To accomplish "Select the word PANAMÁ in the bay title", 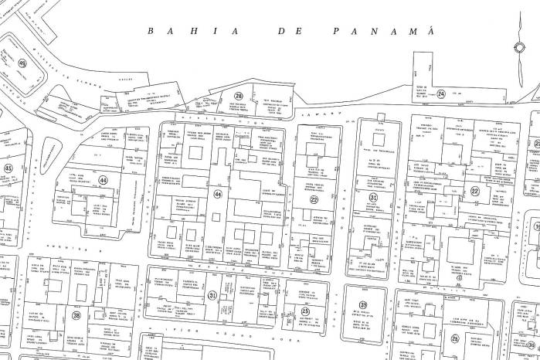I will coord(384,32).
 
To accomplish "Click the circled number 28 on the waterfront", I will coord(239,97).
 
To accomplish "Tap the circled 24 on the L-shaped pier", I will coord(441,94).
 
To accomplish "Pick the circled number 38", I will coord(76,314).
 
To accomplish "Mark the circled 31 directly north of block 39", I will coord(373,198).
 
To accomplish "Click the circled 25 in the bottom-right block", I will coord(455,338).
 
